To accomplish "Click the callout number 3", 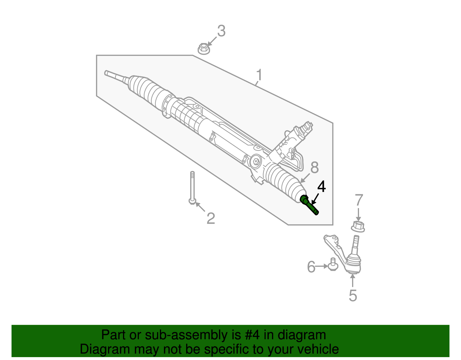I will click(221, 31).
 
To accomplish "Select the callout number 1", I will click(259, 75).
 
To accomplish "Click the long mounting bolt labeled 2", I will click(192, 187).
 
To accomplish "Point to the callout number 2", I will click(211, 218).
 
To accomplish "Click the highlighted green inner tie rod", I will click(310, 205).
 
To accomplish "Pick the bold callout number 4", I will click(322, 187).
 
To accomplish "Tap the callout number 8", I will click(314, 167).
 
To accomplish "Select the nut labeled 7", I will click(358, 226).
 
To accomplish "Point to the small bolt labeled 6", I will click(333, 265).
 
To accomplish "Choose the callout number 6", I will click(311, 267).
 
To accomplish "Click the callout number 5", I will click(353, 295).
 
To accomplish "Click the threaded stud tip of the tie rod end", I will click(356, 239).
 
